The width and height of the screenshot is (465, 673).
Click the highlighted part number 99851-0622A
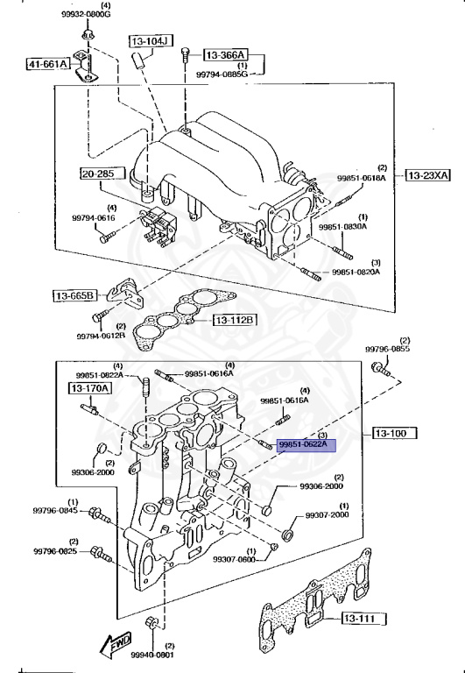coord(302,445)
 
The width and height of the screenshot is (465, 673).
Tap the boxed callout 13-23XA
coord(427,175)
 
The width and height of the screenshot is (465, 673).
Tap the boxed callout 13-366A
coord(226,54)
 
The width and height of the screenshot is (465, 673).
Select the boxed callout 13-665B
coord(74,295)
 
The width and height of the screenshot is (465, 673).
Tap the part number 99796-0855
coord(388,350)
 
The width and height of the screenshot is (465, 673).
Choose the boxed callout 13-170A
coord(90,386)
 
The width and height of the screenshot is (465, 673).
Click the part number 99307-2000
coord(328,515)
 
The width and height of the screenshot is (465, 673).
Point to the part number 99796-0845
coord(56,511)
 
